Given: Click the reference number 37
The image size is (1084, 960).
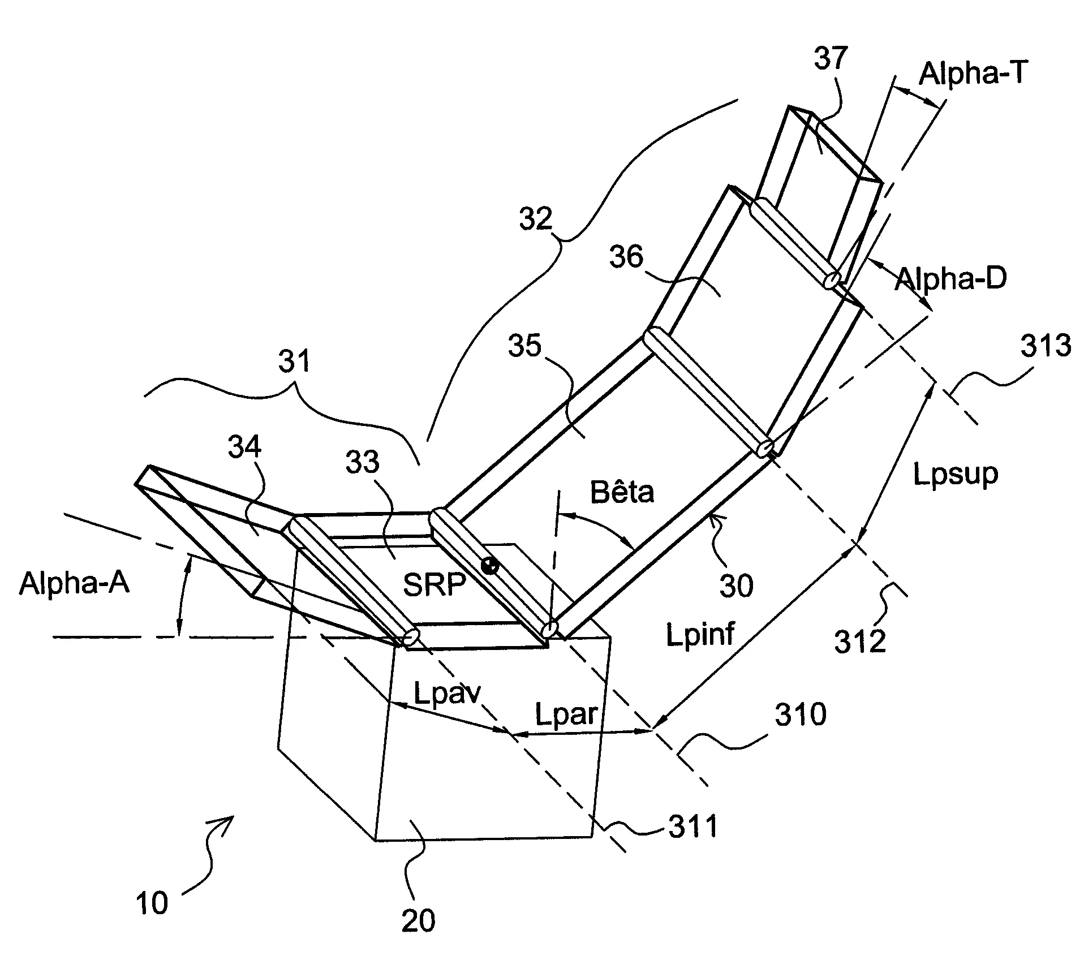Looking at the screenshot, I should pos(831,58).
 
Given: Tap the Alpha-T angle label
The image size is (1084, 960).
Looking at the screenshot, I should pos(971,74).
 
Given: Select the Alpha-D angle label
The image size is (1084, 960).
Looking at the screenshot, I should pos(950,278).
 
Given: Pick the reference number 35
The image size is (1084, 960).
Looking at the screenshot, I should pos(524,345).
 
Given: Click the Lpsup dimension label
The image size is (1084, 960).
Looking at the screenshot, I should pos(956,474).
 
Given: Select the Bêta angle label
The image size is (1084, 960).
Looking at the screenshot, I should pos(622,492).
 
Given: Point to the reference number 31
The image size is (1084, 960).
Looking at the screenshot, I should pos(295,360).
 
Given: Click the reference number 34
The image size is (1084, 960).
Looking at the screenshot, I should pos(244,447).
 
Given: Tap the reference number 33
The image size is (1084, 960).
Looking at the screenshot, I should pos(362,462).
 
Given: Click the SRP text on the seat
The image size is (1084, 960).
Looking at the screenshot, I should pos(434,584).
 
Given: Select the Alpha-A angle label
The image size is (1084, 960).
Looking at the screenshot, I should pos(74,582).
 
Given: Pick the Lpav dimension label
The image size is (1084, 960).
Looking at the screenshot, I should pos(447,694).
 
